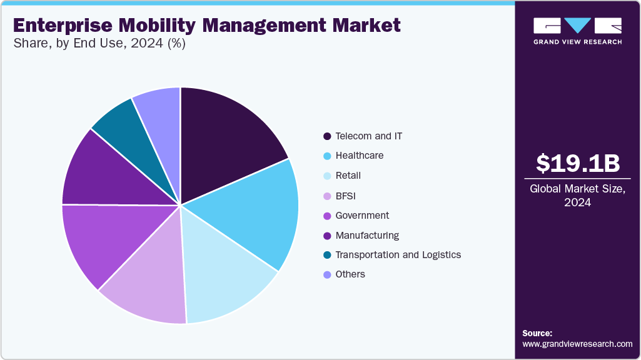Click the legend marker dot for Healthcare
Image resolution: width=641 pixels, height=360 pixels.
pos(327,156)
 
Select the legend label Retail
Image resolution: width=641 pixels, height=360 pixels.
pos(348,176)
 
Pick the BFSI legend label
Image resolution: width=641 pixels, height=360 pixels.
pos(346,196)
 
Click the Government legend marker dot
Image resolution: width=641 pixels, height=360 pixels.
pos(327,216)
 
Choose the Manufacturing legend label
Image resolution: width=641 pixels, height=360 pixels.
pos(367,236)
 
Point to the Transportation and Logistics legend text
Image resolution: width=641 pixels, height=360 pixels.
pos(398,255)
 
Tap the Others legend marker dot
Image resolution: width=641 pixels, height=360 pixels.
pos(327,275)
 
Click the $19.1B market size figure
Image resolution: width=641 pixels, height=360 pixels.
pos(578,163)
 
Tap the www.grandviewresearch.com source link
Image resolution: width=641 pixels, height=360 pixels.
pos(577,344)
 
